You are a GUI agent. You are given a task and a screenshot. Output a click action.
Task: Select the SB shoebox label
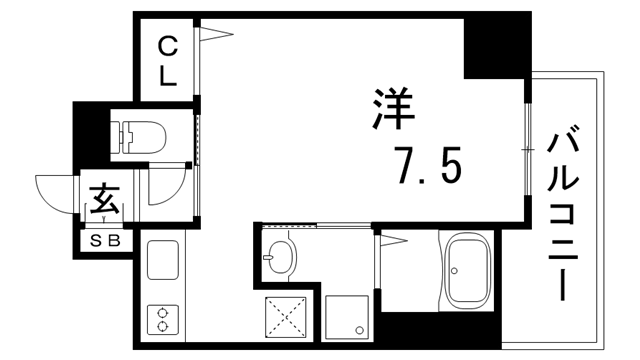click(x=105, y=241)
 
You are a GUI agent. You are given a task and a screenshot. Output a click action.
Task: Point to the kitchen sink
click(x=161, y=261)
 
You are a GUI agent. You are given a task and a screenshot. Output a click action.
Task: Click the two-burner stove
click(x=161, y=319)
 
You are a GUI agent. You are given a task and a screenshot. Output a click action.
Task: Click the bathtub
click(x=469, y=272)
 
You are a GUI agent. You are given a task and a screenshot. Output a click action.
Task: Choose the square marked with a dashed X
click(x=284, y=319)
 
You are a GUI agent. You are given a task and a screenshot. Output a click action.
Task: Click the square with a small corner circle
click(x=347, y=317)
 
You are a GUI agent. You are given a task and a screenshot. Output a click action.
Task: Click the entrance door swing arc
click(x=56, y=193)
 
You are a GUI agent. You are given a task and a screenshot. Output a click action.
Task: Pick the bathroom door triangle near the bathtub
click(x=390, y=240)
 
